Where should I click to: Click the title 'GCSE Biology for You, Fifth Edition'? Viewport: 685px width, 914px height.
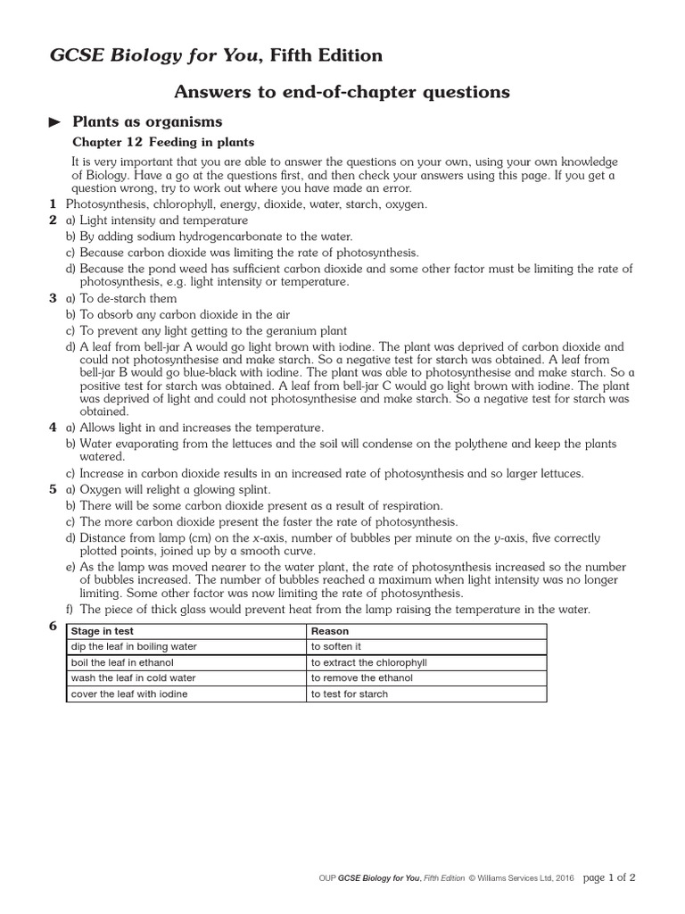point(215,56)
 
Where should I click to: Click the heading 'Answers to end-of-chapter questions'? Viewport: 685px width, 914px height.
point(342,91)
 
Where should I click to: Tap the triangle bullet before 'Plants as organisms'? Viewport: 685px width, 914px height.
point(55,121)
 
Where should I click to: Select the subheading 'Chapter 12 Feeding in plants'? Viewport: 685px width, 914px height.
point(162,142)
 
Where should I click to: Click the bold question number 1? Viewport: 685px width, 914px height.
point(53,204)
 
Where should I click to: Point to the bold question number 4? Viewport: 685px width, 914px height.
point(53,428)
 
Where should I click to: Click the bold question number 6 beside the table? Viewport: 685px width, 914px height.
point(53,627)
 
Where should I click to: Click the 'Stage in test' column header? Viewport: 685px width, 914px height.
point(103,631)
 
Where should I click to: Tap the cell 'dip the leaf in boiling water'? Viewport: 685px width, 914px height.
point(134,646)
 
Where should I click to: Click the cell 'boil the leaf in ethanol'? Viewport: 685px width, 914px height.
point(122,662)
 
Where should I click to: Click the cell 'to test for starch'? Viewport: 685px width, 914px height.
point(350,694)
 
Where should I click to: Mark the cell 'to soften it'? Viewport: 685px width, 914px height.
point(336,646)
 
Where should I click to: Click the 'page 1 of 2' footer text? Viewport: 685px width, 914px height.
point(609,877)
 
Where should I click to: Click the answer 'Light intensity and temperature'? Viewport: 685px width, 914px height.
point(164,220)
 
